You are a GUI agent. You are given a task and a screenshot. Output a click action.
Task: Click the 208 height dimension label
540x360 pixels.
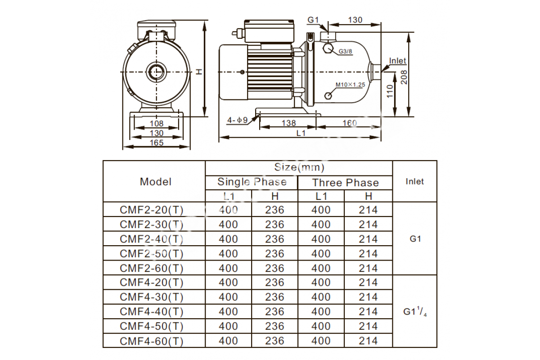point(404,77)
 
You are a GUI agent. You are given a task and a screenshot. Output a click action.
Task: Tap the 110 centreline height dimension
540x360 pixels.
point(390,91)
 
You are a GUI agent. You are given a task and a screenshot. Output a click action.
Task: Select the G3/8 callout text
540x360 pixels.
point(345,51)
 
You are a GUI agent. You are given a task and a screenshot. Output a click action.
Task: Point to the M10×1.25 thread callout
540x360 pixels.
point(350,85)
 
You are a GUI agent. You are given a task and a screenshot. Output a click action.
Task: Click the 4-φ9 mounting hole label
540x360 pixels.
point(238,120)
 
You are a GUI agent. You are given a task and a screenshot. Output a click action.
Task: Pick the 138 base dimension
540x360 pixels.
point(288,123)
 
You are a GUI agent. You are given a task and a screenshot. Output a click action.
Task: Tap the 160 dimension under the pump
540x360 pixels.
point(350,123)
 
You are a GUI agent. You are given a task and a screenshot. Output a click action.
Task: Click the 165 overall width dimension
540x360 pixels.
point(157,143)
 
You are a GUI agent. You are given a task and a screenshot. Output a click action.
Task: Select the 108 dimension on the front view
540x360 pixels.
point(157,123)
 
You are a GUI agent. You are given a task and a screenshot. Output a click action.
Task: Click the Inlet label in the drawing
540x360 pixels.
point(397,61)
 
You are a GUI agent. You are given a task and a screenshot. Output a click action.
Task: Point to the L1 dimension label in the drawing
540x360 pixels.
point(301,133)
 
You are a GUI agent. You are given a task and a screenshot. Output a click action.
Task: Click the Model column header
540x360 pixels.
point(156,182)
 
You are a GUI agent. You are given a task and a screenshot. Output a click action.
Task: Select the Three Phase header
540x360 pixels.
point(346,183)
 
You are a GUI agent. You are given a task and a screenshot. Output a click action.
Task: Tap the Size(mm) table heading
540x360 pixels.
point(299,167)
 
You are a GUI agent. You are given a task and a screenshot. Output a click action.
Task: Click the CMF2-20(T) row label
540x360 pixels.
point(152,210)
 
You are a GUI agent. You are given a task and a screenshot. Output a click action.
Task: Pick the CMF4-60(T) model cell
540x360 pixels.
point(152,341)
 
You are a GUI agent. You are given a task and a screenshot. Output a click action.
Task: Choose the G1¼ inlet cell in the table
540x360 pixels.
point(415,311)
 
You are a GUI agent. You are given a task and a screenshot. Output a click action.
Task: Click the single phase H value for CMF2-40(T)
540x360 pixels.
point(274,239)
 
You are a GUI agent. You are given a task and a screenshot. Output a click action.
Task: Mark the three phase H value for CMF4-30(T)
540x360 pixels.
point(368,297)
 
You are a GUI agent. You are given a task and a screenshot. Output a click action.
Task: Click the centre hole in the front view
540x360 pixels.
point(157,72)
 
